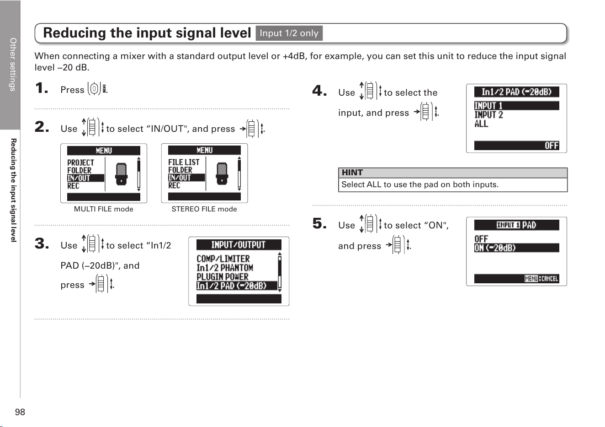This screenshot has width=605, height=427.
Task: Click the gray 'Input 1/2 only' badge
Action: tap(289, 33)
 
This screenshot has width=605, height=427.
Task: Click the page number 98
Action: tap(20, 412)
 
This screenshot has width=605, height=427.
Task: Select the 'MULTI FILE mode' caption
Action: tap(103, 209)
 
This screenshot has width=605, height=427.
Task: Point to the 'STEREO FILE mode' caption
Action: tap(204, 209)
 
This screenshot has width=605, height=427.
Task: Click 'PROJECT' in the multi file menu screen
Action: tap(80, 162)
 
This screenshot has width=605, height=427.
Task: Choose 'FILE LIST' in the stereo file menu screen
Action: tap(184, 162)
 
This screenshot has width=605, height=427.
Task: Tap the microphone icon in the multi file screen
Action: tap(121, 174)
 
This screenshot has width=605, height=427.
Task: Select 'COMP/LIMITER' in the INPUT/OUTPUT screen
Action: tap(223, 259)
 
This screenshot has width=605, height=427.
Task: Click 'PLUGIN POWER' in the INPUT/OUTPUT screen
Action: tap(222, 277)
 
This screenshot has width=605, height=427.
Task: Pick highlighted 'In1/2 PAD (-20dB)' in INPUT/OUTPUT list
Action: tap(232, 286)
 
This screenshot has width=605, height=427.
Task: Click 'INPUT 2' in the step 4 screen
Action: tap(488, 115)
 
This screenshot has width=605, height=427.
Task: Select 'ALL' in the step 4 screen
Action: tap(481, 124)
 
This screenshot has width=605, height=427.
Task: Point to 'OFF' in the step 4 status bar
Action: tap(551, 146)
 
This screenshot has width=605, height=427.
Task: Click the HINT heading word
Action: tap(352, 173)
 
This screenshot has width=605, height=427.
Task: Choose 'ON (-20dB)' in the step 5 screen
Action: tap(495, 248)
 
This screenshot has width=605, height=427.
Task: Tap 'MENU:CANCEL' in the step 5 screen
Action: tap(541, 278)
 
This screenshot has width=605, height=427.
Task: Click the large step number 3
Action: tap(42, 243)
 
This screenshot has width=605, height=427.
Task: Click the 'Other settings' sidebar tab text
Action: tap(13, 65)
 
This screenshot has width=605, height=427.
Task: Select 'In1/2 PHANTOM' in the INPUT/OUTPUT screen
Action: tap(225, 268)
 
